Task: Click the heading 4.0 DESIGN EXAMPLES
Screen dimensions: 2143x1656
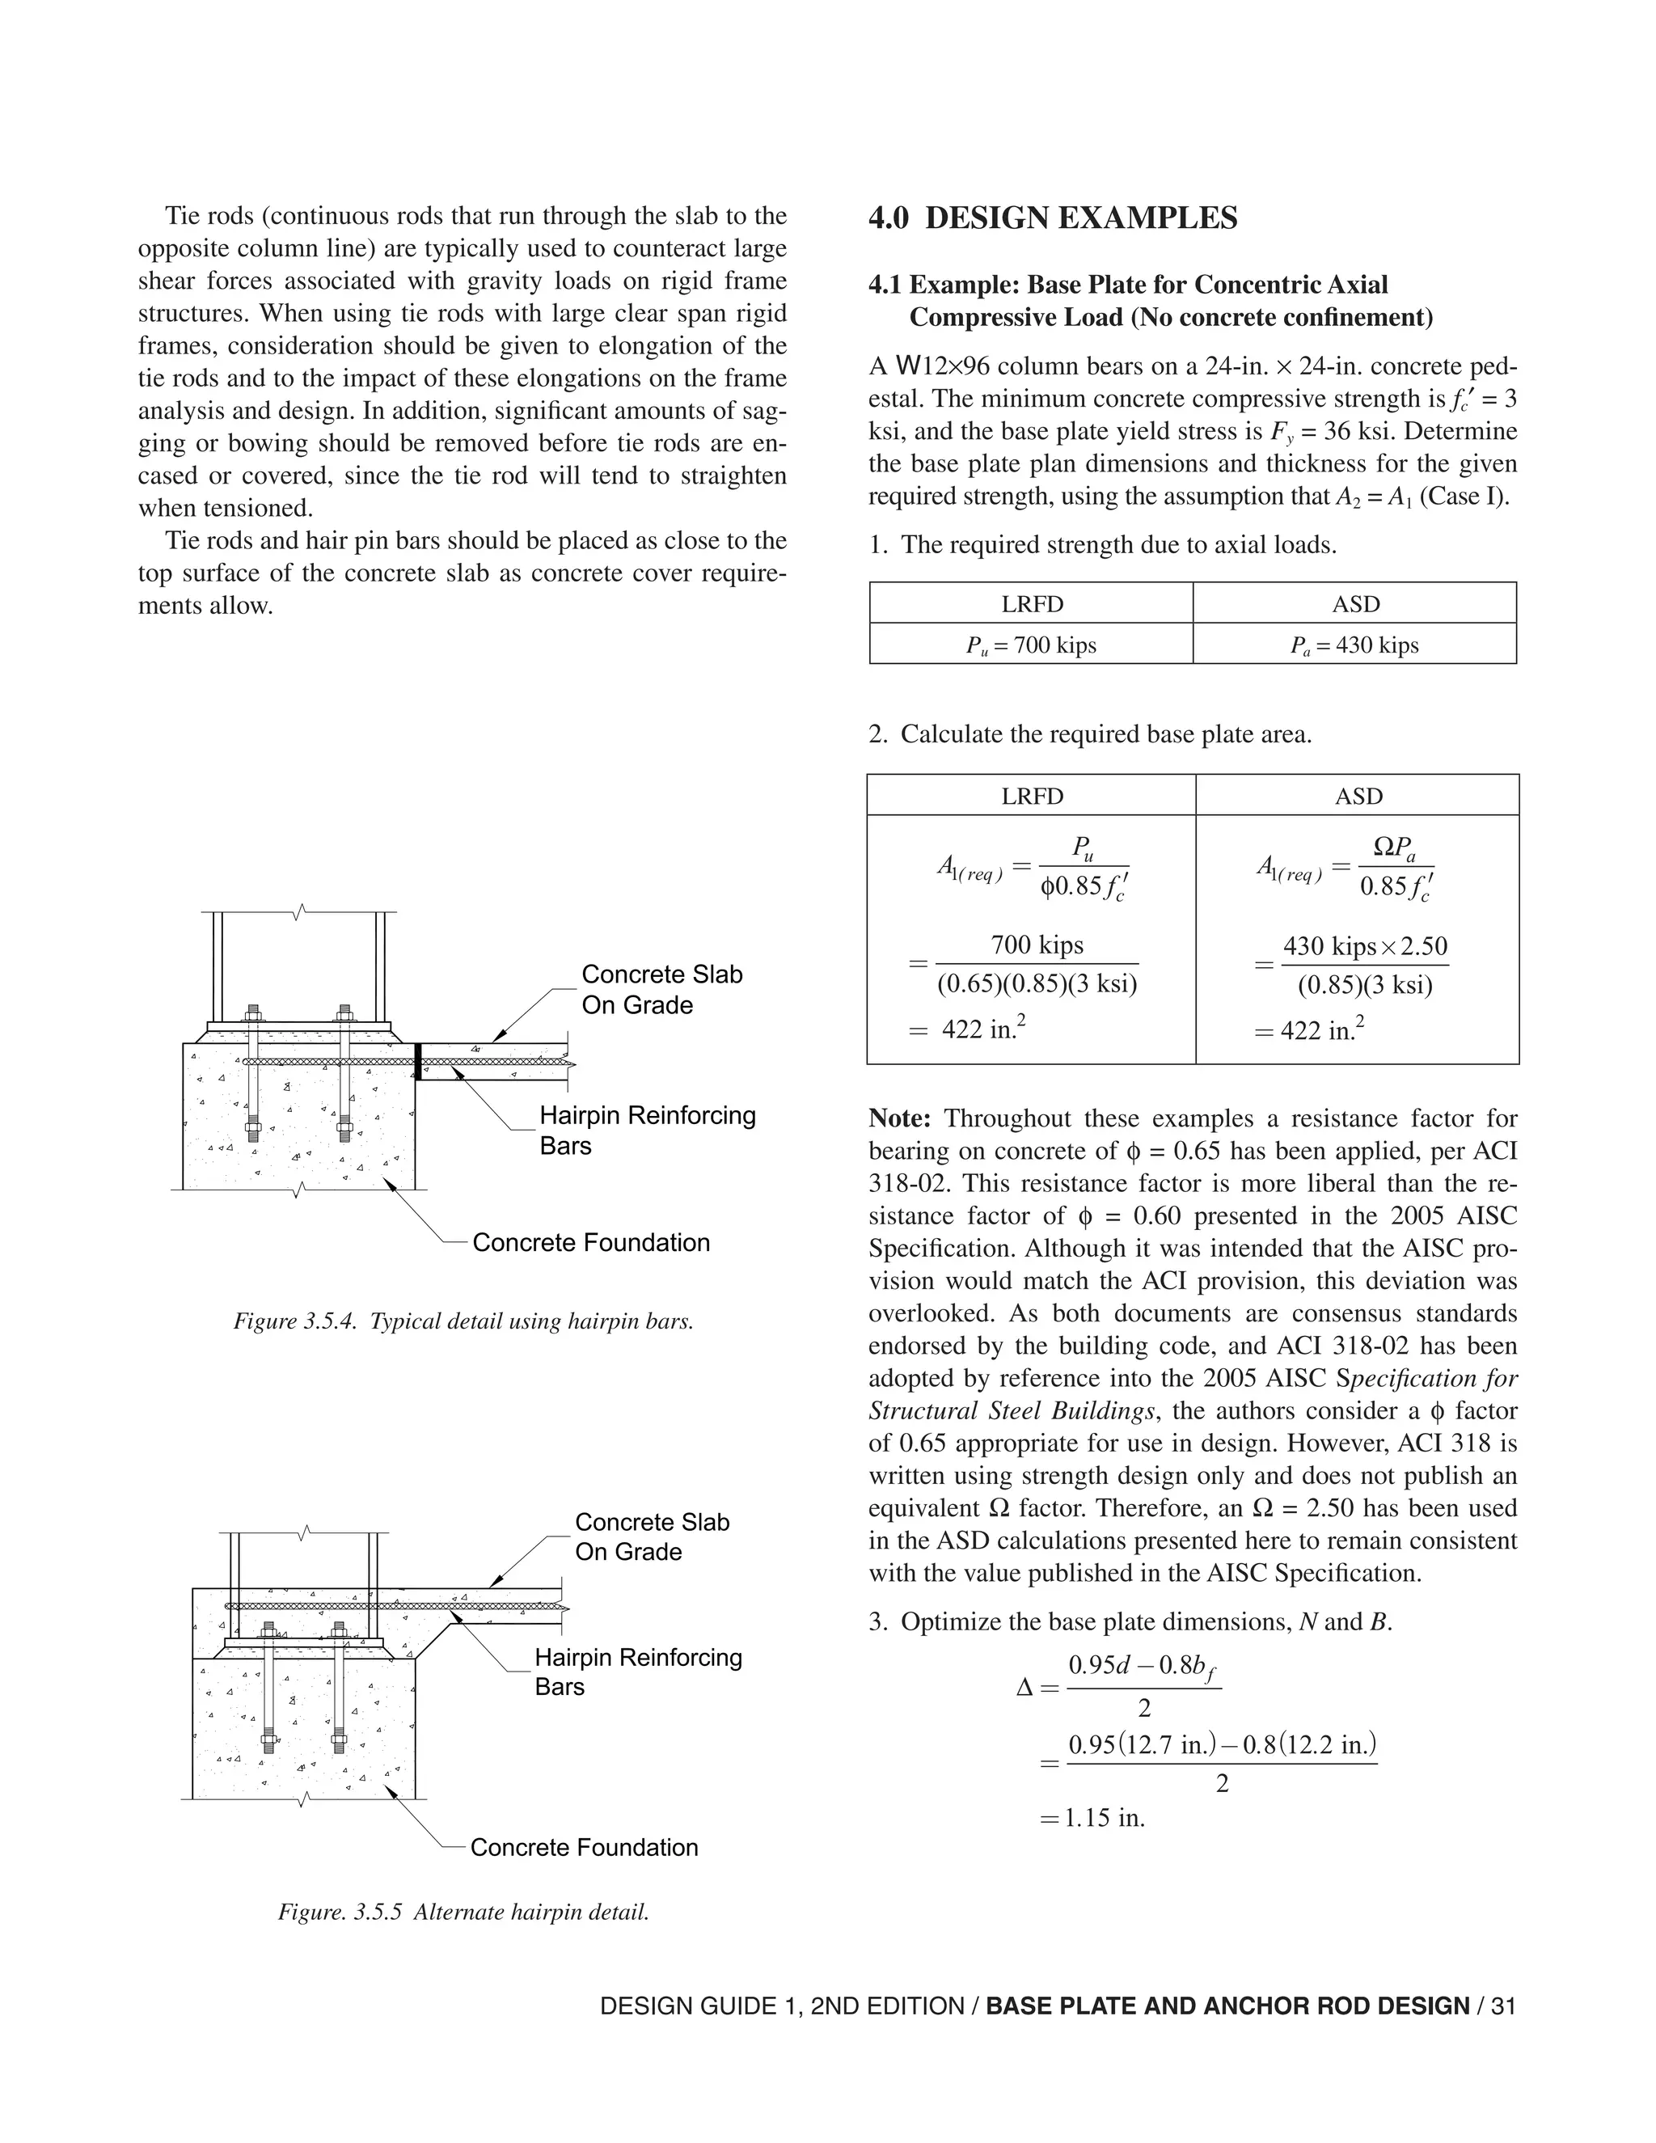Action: [x=1053, y=218]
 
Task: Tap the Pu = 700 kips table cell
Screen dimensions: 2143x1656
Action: [x=1030, y=645]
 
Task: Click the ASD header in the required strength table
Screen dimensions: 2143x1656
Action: [x=1355, y=603]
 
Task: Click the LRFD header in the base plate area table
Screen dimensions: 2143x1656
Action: [x=1032, y=796]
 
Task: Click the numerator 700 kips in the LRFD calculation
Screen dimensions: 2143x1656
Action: [x=1037, y=945]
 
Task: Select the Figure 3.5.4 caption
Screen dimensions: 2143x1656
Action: [x=463, y=1321]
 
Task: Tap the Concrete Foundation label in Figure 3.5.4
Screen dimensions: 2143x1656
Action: [x=590, y=1242]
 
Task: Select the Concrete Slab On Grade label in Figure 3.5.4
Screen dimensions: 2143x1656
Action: [x=661, y=989]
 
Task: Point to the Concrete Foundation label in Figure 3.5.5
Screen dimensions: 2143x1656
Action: [x=584, y=1847]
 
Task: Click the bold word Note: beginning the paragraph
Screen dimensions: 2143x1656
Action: [x=898, y=1118]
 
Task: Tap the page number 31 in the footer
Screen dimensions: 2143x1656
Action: [x=1503, y=2006]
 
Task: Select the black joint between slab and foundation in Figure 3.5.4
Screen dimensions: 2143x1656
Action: [x=418, y=1062]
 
